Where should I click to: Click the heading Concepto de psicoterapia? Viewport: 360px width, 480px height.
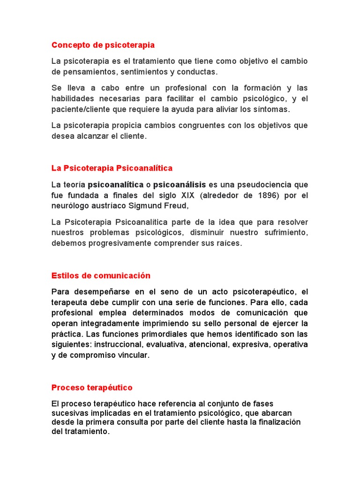103,45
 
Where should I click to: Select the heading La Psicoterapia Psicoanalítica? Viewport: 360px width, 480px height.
112,168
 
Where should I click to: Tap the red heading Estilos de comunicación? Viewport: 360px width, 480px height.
101,276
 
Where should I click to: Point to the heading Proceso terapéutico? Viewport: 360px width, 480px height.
92,388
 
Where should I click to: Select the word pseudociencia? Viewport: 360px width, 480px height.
266,184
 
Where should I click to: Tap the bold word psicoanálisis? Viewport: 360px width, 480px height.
180,184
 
